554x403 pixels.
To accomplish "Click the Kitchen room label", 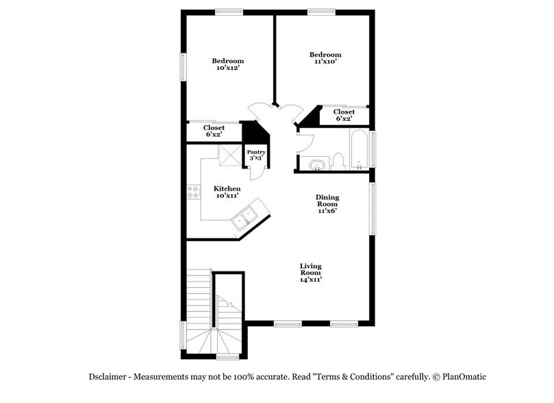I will pos(227,192).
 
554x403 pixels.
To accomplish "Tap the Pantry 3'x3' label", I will pos(256,155).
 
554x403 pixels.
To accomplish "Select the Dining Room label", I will pos(327,204).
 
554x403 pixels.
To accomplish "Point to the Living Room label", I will pos(310,272).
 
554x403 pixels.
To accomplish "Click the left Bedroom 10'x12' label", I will pos(227,64).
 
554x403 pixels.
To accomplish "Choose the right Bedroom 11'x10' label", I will pos(325,58).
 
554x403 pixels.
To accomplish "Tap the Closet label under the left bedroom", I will pos(214,131).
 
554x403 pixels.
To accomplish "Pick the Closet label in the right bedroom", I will pos(344,115).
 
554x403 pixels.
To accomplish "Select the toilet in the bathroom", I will pos(337,162).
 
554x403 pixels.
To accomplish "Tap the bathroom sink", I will pos(316,164).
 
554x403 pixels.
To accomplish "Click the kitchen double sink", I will pos(243,219).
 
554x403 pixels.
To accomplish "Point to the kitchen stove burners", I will pos(193,192).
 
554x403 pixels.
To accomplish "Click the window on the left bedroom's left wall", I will pos(183,67).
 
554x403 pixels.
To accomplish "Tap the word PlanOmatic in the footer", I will pos(464,376).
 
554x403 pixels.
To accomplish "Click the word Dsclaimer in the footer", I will pos(109,376).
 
